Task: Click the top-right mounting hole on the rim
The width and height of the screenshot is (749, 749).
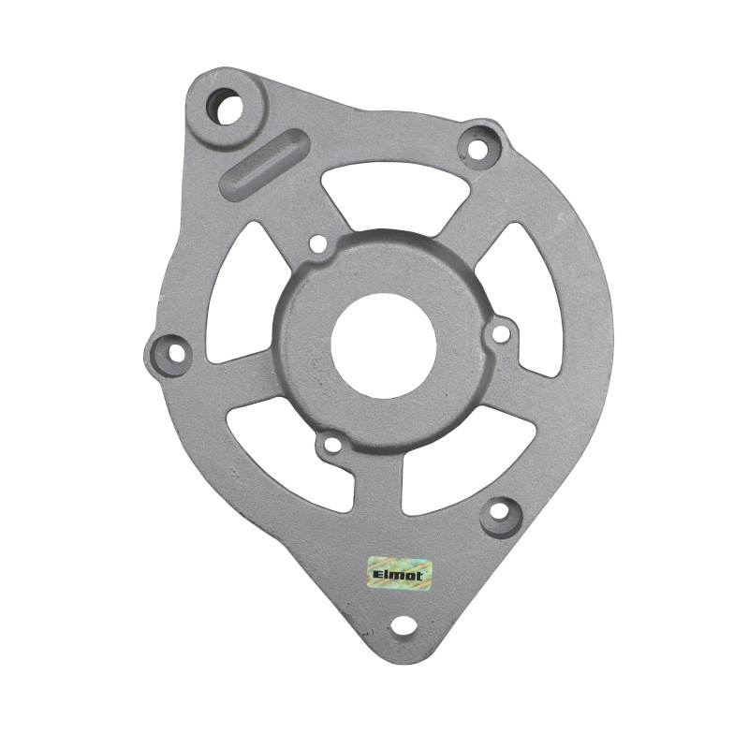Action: [x=477, y=148]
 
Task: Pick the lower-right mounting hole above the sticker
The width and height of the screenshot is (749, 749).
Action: [x=500, y=512]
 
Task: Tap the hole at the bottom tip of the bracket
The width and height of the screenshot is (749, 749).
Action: [x=404, y=625]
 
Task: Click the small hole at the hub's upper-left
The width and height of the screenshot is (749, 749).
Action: [x=317, y=244]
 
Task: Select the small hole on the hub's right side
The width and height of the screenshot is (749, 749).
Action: [x=501, y=332]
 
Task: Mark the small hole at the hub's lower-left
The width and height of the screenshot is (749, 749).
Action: [x=330, y=447]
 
